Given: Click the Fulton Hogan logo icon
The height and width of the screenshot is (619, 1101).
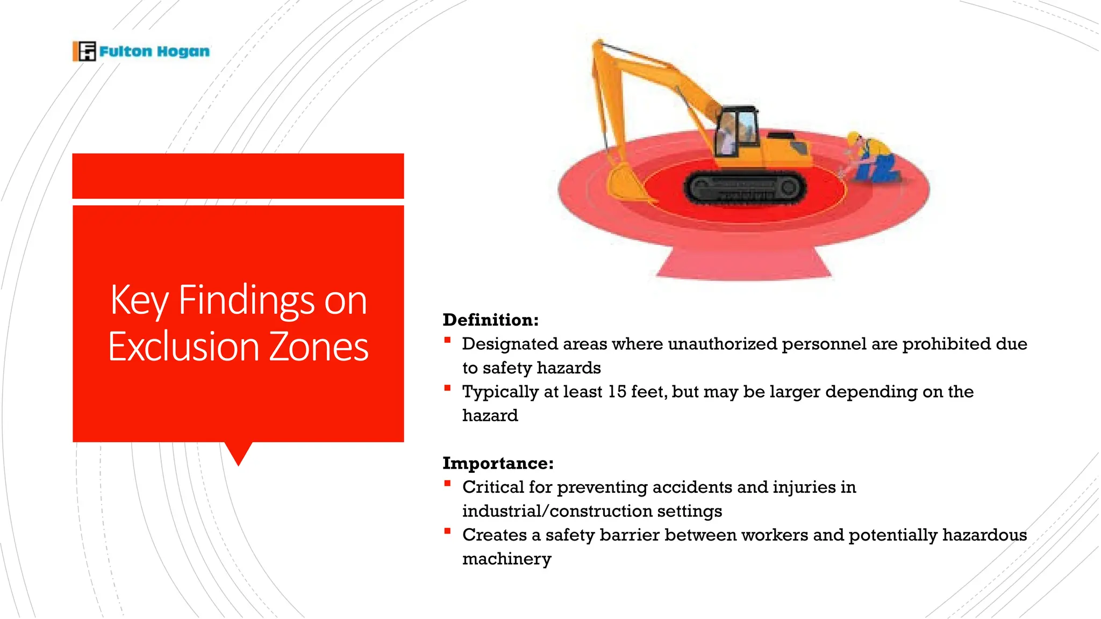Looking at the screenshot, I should tap(84, 51).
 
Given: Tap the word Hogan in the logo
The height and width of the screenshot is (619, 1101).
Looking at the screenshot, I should tap(183, 52).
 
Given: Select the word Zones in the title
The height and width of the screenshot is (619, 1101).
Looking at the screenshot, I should tap(318, 347).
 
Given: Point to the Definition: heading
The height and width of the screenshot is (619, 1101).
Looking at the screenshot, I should tap(490, 320).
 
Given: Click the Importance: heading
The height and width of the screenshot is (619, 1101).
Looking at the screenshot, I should tap(498, 463).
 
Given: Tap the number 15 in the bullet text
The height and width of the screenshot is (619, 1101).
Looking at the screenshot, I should tap(617, 392).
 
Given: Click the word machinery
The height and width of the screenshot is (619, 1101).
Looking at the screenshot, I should tap(506, 559).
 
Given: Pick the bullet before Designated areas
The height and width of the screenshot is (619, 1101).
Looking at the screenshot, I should tap(447, 340).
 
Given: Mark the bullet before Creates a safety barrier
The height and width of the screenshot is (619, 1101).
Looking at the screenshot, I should tap(447, 531).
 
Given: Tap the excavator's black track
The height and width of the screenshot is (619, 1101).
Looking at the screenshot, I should tap(745, 189).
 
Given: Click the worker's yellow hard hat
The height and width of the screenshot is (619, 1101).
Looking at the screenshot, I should tap(853, 138).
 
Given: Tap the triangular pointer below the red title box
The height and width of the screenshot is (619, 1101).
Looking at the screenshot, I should tap(238, 453).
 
